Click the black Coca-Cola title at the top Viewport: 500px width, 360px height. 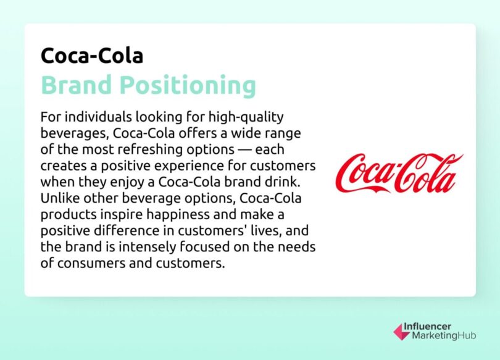(92, 56)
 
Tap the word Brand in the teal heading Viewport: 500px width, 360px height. (79, 85)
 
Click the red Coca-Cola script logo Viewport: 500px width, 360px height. (402, 174)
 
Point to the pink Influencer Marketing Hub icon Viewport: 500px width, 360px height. (401, 332)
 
